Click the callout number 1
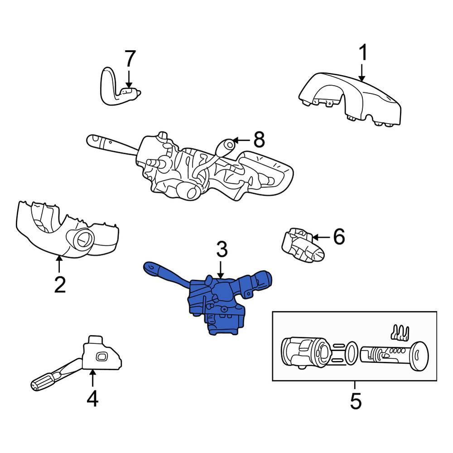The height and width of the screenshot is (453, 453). tap(362, 52)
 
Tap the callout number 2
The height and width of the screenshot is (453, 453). tap(60, 284)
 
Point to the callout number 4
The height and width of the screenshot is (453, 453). tap(92, 398)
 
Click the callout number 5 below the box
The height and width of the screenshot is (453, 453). tap(356, 401)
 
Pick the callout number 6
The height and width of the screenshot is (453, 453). tap(339, 236)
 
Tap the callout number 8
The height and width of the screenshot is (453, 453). tap(259, 140)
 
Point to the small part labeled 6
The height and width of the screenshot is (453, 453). tap(302, 245)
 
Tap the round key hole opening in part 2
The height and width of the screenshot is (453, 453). tap(83, 239)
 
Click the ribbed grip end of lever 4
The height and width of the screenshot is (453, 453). tap(44, 382)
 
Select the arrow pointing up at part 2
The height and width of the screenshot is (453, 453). tap(59, 264)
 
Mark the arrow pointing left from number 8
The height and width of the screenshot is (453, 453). tap(241, 141)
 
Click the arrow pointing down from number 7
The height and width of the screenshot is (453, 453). tap(129, 79)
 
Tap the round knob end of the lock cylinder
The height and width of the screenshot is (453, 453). tap(419, 356)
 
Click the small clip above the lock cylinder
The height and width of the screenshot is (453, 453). tap(400, 333)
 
